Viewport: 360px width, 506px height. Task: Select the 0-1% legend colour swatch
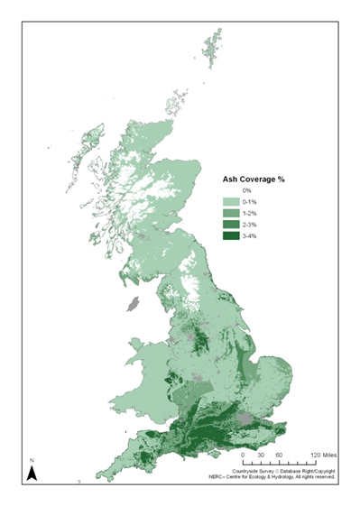[x=233, y=202]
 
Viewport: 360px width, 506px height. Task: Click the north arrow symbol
[x=31, y=472]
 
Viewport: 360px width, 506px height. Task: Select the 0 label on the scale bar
[x=243, y=455]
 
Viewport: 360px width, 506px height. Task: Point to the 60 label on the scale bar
[x=280, y=455]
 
